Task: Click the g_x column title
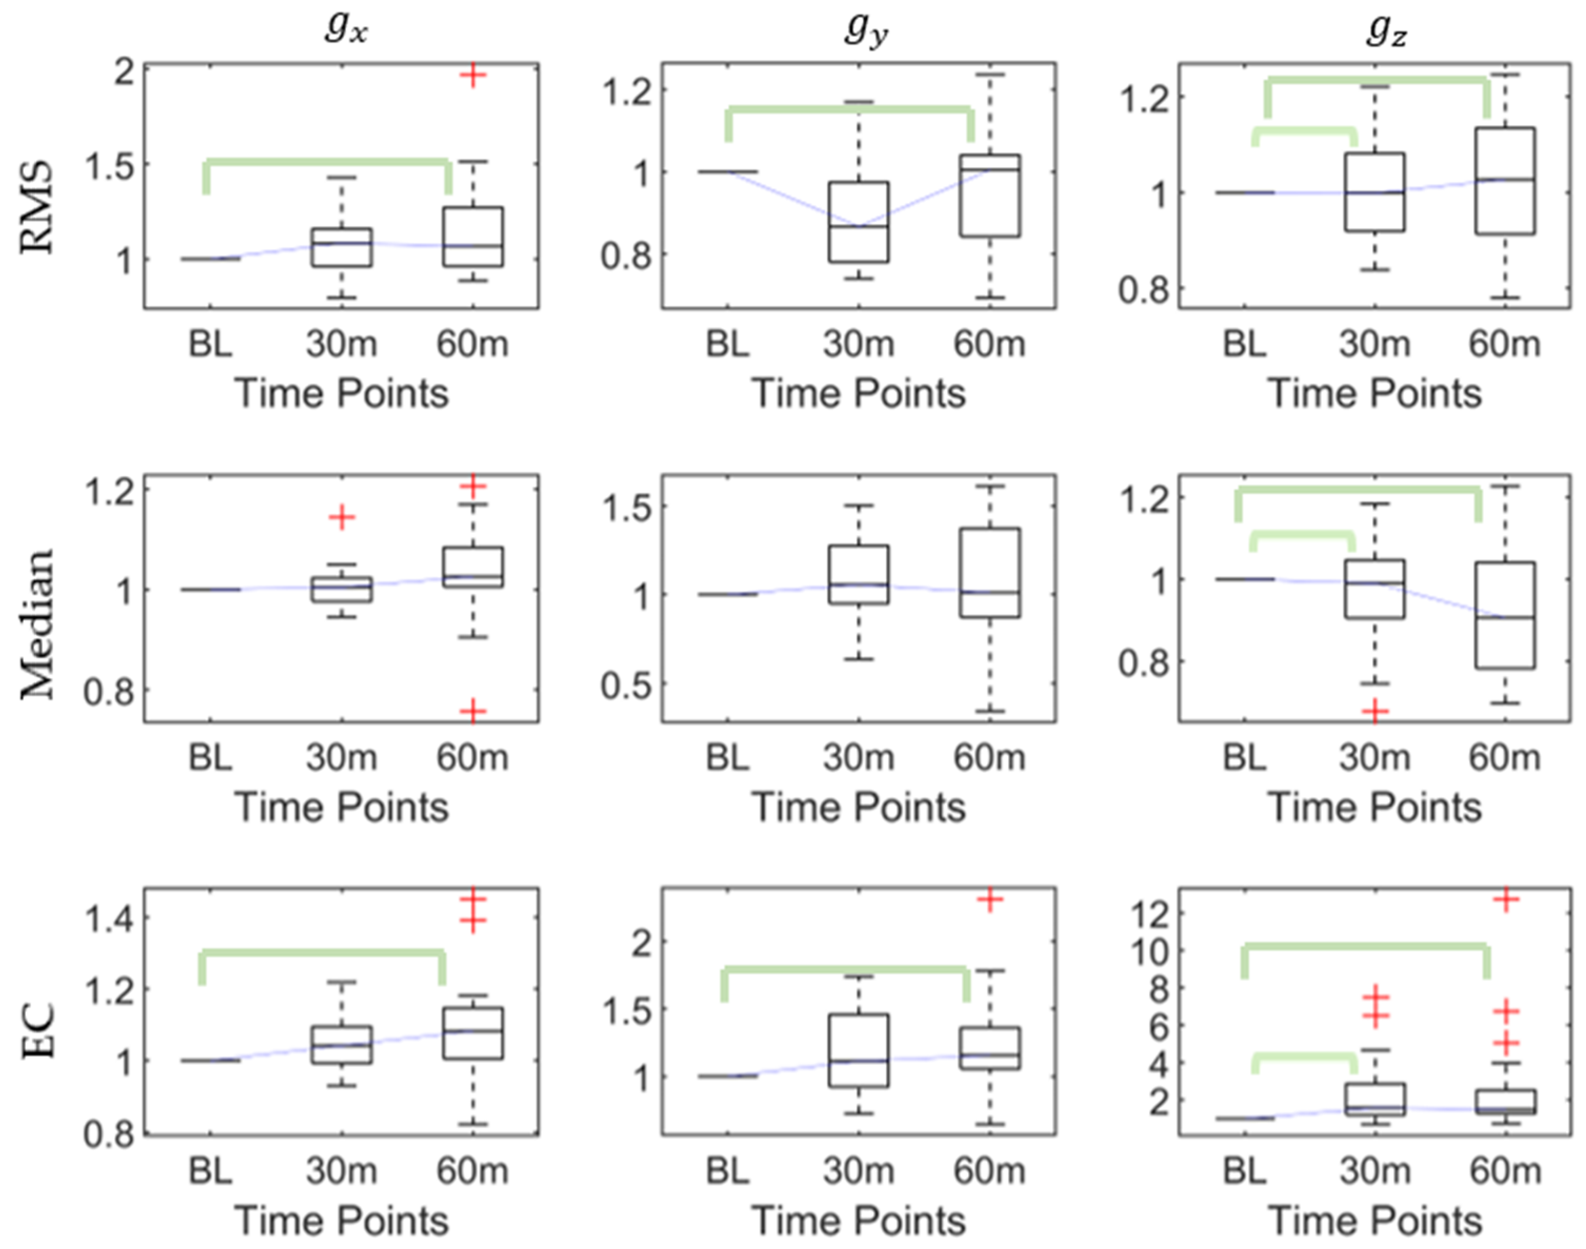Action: [x=346, y=29]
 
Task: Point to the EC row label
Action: [x=36, y=1031]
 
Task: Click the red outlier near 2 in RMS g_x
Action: [x=473, y=75]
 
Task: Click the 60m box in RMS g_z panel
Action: [x=1505, y=180]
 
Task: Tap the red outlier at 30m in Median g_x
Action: [x=342, y=518]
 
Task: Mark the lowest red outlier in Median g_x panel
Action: [x=473, y=710]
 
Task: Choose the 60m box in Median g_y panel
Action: [x=990, y=572]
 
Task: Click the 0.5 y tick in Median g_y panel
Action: [x=625, y=685]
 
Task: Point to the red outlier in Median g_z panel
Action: [x=1374, y=711]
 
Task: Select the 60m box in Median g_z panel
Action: [x=1505, y=615]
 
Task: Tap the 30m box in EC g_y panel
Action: [x=858, y=1050]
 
